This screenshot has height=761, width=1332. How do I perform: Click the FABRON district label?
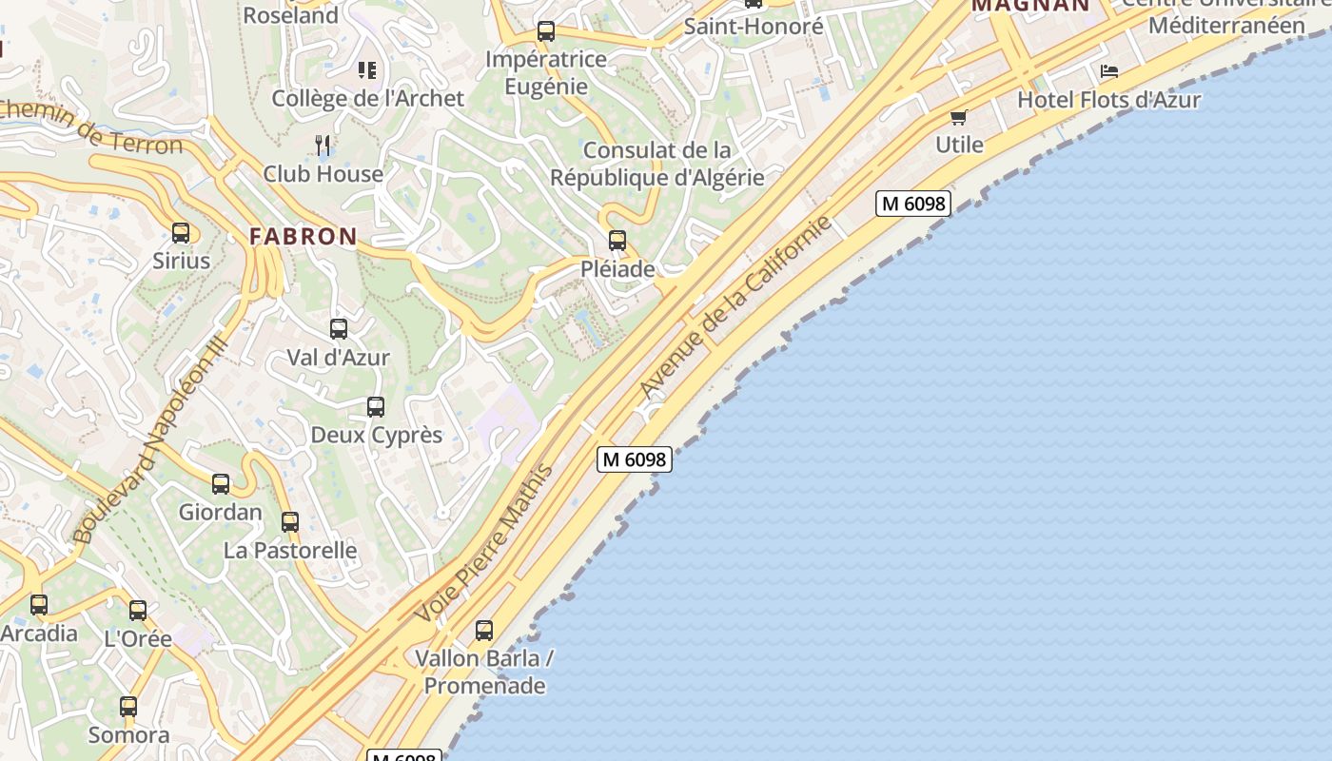point(304,237)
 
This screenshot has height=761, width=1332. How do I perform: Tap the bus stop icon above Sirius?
point(181,233)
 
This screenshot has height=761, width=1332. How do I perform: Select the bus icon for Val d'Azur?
point(339,329)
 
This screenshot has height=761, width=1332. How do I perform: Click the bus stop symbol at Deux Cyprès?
point(376,407)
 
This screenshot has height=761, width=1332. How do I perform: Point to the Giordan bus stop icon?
point(221,484)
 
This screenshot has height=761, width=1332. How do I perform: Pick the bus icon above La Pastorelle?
point(290,522)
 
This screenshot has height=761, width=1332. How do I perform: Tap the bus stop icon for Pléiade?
point(617,241)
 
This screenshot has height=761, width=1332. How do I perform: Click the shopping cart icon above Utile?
point(958,117)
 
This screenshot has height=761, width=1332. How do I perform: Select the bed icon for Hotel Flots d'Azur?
point(1108,71)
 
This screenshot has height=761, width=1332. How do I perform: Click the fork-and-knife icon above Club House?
point(323,146)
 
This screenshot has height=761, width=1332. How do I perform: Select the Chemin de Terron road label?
point(90,127)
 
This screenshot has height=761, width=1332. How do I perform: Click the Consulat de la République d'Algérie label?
point(656,164)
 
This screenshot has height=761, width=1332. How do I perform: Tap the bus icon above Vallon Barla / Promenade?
point(484,631)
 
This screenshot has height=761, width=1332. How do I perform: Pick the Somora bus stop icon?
point(128,707)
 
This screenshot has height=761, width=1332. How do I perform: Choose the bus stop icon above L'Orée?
point(138,611)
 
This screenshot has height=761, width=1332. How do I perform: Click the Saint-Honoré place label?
point(754,27)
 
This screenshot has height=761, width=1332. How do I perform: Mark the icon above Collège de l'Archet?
point(367,70)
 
